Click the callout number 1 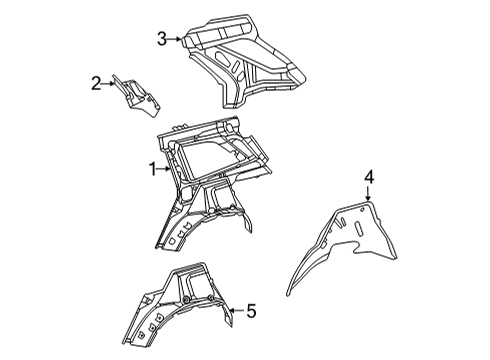153,169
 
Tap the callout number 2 96,83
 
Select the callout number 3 162,39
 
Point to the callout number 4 369,177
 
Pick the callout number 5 251,311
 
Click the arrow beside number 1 164,169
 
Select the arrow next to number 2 108,84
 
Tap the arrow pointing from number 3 175,39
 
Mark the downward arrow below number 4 368,193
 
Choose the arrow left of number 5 237,311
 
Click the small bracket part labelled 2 137,96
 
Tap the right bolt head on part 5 210,298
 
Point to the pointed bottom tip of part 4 288,295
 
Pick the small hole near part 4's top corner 362,210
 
